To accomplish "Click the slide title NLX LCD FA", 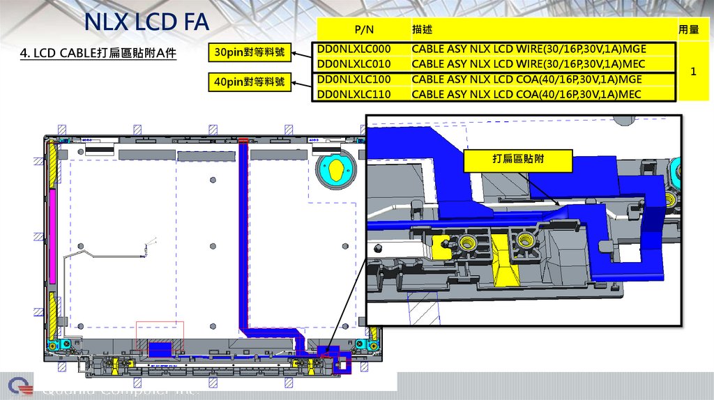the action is click(x=146, y=22).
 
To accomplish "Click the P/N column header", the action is click(x=364, y=30).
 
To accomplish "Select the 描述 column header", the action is click(x=422, y=30).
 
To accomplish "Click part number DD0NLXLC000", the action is click(x=354, y=49).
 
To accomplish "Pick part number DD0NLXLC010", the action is click(x=354, y=64).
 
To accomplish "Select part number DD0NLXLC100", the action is click(x=354, y=79).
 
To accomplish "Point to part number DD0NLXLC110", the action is click(x=354, y=94).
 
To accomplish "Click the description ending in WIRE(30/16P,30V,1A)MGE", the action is click(x=529, y=49).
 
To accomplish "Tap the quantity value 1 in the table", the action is click(x=693, y=72).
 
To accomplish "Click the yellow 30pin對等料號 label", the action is click(x=250, y=52).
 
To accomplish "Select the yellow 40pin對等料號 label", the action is click(x=250, y=82).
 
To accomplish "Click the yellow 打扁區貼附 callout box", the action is click(x=518, y=160).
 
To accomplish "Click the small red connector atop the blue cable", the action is click(x=243, y=141).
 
